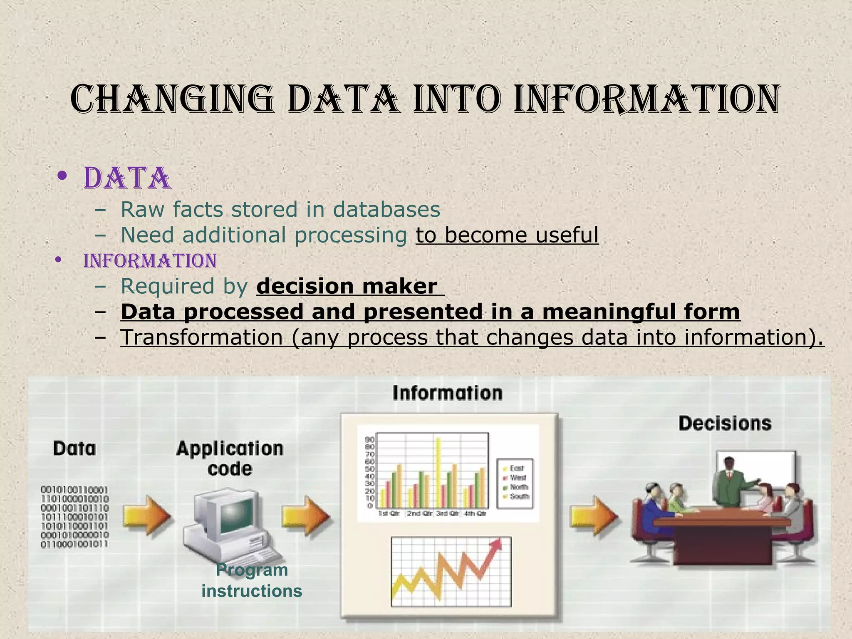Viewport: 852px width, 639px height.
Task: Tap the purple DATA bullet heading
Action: (x=127, y=178)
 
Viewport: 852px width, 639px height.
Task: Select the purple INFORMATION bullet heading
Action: (x=150, y=261)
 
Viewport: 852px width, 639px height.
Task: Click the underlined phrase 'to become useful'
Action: (x=507, y=235)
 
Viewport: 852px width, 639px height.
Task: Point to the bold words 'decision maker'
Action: (x=347, y=287)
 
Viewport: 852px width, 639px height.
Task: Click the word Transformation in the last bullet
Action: (x=202, y=337)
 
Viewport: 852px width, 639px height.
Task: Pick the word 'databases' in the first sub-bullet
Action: (x=386, y=209)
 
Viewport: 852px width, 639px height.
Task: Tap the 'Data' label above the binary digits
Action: (x=74, y=449)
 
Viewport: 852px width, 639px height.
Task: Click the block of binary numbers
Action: (x=75, y=517)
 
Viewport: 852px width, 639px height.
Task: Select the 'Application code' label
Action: (x=230, y=458)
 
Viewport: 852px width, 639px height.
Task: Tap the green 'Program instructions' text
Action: (x=252, y=581)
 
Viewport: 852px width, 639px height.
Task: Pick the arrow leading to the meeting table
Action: (x=593, y=516)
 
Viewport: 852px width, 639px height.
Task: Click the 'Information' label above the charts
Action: (x=447, y=393)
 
